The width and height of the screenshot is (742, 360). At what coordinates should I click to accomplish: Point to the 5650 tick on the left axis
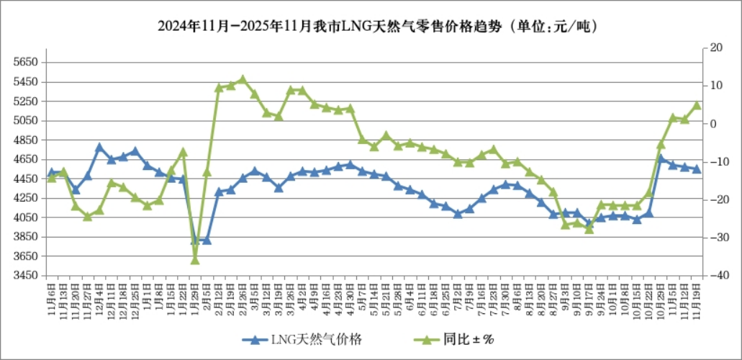[x=25, y=63]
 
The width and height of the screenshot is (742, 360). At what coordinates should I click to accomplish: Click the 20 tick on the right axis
[x=715, y=48]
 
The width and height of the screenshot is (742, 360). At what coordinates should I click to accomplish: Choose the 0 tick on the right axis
[x=713, y=124]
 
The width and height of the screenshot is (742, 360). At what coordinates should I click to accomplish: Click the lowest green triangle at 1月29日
[x=194, y=259]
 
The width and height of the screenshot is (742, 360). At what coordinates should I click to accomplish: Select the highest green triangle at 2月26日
[x=243, y=79]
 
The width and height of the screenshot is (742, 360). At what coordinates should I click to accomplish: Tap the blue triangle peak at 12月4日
[x=99, y=148]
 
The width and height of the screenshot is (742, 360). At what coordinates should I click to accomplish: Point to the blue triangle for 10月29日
[x=661, y=158]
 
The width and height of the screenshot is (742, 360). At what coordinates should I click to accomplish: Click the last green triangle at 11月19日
[x=697, y=105]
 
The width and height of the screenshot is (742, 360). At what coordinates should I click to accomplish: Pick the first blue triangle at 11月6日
[x=51, y=173]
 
